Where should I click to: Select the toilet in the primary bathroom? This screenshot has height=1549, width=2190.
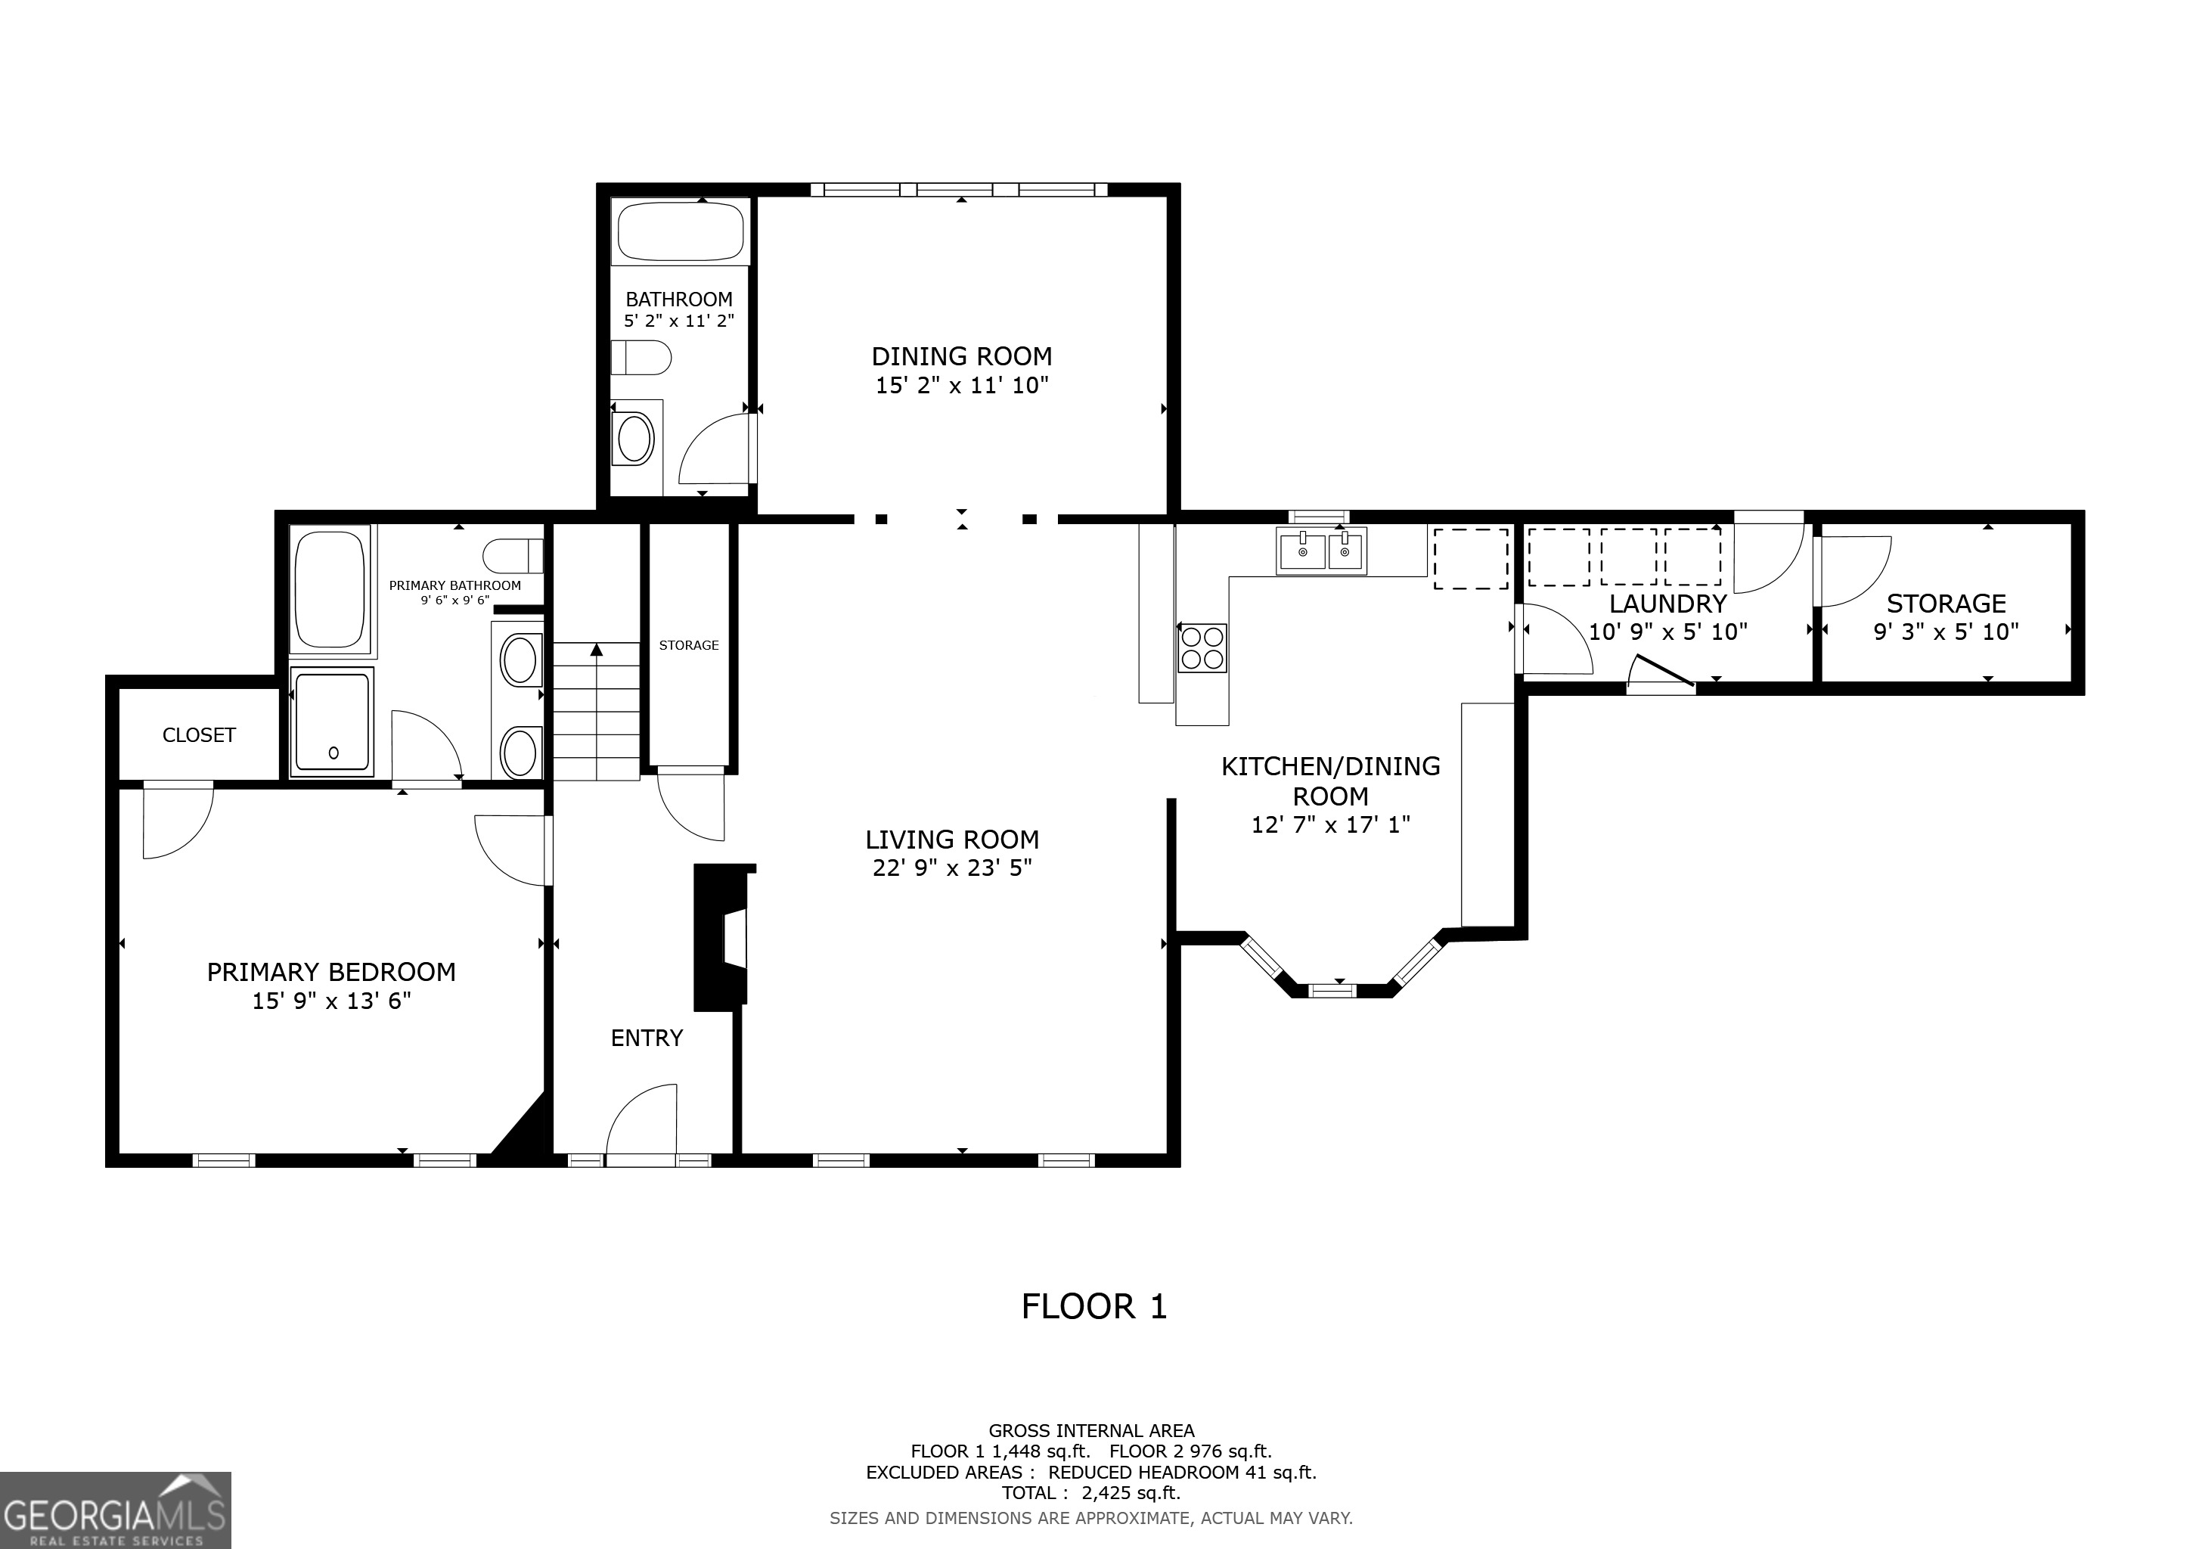[x=513, y=555]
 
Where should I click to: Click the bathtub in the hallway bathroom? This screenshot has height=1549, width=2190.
[x=680, y=231]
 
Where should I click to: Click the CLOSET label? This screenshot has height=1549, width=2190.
[x=198, y=734]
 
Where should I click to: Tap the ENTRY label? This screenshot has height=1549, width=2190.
[x=647, y=1038]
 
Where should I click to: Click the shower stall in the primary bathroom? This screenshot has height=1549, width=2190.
[x=331, y=721]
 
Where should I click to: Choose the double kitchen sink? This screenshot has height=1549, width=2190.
[x=1321, y=551]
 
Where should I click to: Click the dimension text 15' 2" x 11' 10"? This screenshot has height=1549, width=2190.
[x=961, y=385]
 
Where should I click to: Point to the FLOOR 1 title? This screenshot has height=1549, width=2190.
[x=1094, y=1307]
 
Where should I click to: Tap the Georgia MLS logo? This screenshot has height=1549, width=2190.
[x=114, y=1511]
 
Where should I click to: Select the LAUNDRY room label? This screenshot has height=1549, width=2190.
[x=1667, y=604]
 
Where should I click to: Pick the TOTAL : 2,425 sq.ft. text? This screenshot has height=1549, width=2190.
[x=1090, y=1493]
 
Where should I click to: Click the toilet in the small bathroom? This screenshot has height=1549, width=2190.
[x=642, y=359]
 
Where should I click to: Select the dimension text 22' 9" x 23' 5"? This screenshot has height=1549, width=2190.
[x=952, y=868]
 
